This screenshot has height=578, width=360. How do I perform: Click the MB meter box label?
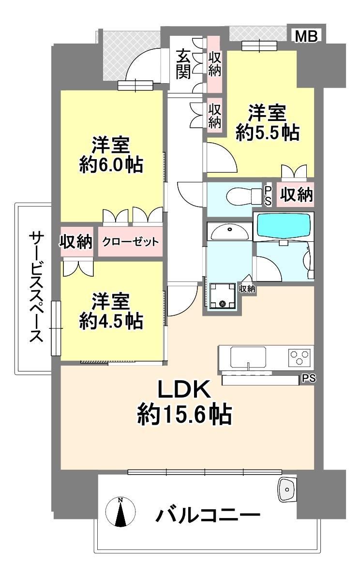306,36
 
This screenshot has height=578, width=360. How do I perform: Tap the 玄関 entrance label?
183,64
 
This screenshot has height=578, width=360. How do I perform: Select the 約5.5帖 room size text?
268,133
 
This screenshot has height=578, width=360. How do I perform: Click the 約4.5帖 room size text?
111,321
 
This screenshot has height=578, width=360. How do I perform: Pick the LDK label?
184,389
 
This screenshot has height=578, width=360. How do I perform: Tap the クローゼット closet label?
130,242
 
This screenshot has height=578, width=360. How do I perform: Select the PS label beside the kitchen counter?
309,378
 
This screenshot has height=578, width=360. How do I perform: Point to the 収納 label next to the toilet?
296,194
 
